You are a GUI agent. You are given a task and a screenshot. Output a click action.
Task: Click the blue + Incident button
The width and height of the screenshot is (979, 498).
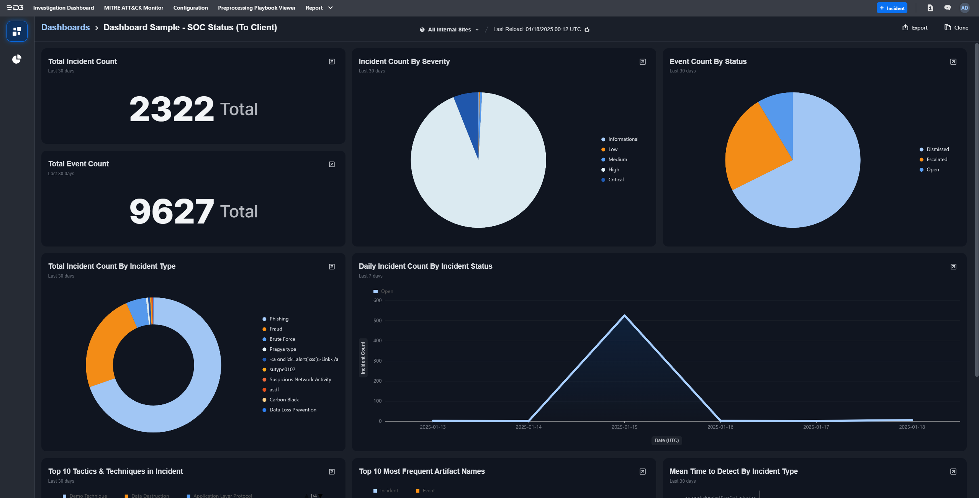pyautogui.click(x=892, y=8)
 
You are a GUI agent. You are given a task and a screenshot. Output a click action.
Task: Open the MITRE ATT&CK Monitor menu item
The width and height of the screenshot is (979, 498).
pyautogui.click(x=133, y=8)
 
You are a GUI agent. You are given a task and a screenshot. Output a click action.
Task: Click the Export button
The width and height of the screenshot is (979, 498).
pyautogui.click(x=915, y=28)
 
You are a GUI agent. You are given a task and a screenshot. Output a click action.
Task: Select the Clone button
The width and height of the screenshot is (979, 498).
pyautogui.click(x=956, y=28)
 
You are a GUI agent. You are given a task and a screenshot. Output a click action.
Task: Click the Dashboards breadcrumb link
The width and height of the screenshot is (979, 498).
pyautogui.click(x=65, y=28)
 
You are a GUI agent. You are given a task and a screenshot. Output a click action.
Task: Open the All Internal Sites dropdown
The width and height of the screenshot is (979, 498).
pyautogui.click(x=450, y=30)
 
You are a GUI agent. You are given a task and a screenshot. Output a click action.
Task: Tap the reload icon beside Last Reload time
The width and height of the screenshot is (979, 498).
pyautogui.click(x=587, y=30)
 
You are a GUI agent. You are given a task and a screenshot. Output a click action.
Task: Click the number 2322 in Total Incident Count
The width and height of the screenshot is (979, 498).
pyautogui.click(x=171, y=109)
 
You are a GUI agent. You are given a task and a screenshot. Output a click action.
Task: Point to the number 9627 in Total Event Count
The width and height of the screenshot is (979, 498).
pyautogui.click(x=171, y=212)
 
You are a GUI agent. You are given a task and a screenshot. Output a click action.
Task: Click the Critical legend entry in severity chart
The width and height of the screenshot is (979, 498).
pyautogui.click(x=616, y=180)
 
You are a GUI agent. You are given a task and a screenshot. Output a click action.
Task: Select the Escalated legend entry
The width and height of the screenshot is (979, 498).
pyautogui.click(x=936, y=159)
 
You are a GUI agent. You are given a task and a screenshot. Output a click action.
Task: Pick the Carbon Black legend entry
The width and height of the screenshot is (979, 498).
pyautogui.click(x=284, y=400)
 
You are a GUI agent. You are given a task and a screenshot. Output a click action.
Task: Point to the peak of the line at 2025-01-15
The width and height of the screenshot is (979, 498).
pyautogui.click(x=625, y=316)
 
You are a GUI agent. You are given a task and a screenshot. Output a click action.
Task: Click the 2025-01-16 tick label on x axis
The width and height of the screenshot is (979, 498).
pyautogui.click(x=720, y=427)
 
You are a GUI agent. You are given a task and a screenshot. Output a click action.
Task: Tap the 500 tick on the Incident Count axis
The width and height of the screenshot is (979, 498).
pyautogui.click(x=377, y=320)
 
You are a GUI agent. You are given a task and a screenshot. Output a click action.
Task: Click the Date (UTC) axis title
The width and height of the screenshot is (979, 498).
pyautogui.click(x=666, y=440)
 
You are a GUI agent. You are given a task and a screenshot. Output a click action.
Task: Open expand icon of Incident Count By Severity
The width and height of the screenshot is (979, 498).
pyautogui.click(x=642, y=62)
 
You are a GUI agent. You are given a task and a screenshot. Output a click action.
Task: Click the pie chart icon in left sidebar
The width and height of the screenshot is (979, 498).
pyautogui.click(x=17, y=59)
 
